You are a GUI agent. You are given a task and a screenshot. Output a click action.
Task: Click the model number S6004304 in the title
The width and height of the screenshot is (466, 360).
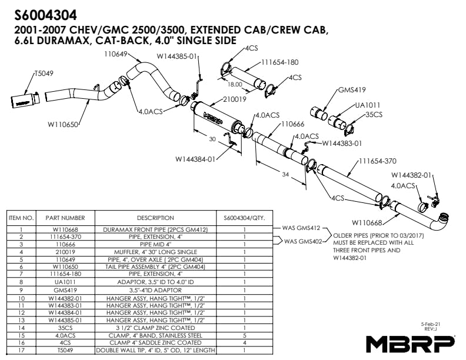point(45,15)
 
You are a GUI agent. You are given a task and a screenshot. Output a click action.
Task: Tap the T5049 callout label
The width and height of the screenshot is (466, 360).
point(44,74)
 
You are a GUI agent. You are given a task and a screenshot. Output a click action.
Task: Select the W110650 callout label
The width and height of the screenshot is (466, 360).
point(63,124)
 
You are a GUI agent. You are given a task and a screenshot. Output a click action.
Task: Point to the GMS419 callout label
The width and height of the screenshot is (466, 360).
point(352,89)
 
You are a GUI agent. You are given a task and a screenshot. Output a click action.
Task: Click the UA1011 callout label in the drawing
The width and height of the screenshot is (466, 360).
point(368,105)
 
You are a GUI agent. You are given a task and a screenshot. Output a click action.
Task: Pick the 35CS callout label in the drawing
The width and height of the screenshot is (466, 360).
point(374,115)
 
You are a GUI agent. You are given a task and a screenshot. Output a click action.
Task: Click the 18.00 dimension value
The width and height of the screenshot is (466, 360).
point(235,84)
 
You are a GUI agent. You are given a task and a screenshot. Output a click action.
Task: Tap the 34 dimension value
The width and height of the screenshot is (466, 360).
point(285,174)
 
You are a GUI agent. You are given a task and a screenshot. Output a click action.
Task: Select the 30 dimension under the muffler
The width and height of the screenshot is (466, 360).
point(212,139)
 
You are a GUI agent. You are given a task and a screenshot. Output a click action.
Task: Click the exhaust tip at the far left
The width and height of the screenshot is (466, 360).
point(25,99)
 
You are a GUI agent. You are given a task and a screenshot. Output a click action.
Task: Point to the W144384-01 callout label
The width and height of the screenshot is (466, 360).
point(195,159)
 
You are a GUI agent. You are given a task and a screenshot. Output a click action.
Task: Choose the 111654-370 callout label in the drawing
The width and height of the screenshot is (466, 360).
point(378,161)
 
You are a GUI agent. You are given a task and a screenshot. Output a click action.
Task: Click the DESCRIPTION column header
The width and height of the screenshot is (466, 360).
point(155,218)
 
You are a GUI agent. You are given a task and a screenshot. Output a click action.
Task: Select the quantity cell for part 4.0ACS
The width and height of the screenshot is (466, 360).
point(245,335)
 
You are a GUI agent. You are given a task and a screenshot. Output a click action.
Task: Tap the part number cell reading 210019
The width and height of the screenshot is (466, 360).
point(65,252)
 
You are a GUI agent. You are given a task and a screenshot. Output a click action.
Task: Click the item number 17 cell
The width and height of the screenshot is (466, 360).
point(21,350)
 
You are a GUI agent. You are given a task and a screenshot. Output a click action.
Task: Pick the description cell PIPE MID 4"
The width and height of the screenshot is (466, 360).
point(155,245)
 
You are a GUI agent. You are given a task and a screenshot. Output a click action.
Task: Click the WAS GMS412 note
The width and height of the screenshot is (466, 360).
point(301,228)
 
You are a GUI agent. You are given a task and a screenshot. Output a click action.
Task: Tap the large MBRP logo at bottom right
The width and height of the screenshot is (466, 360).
point(411,344)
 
